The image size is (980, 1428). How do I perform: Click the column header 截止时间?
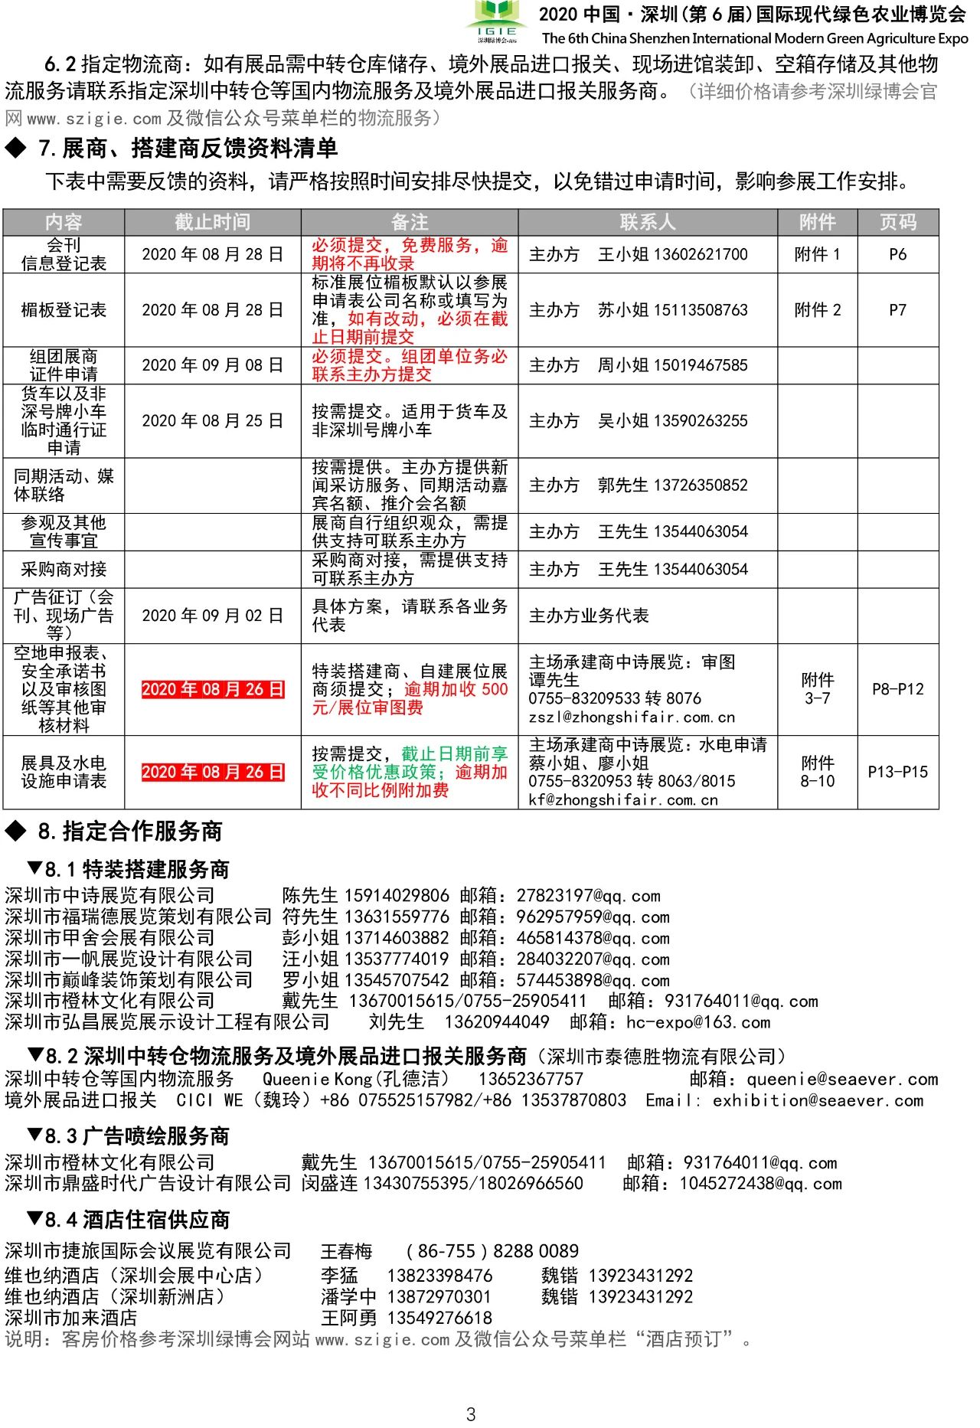click(212, 222)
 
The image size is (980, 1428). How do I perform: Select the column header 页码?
click(897, 222)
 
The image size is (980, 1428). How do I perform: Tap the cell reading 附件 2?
click(817, 310)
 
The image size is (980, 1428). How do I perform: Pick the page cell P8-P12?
click(897, 689)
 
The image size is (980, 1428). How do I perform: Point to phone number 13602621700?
click(699, 254)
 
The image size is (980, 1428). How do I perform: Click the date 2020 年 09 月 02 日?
click(212, 616)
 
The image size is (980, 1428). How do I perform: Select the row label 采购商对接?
click(64, 570)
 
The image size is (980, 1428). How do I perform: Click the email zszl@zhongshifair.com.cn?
click(631, 717)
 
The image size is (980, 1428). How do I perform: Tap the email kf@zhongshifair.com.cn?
click(623, 800)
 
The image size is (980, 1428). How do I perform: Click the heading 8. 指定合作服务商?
click(130, 832)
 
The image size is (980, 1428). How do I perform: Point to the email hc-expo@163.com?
click(697, 1022)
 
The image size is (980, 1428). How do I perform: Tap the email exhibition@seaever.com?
click(818, 1101)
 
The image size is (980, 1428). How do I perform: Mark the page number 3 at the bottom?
click(471, 1413)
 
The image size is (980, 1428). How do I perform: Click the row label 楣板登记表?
click(64, 310)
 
